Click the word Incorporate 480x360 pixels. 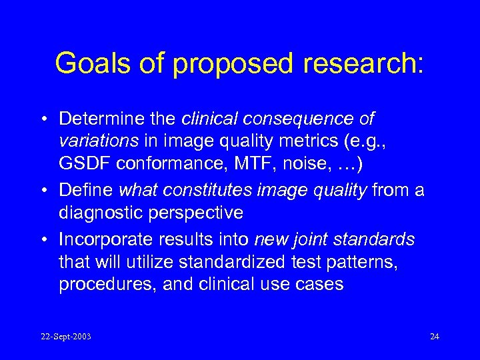(x=99, y=239)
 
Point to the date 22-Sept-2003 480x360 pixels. (x=65, y=336)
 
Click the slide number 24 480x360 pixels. (x=435, y=336)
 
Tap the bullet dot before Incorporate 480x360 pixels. (x=49, y=239)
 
